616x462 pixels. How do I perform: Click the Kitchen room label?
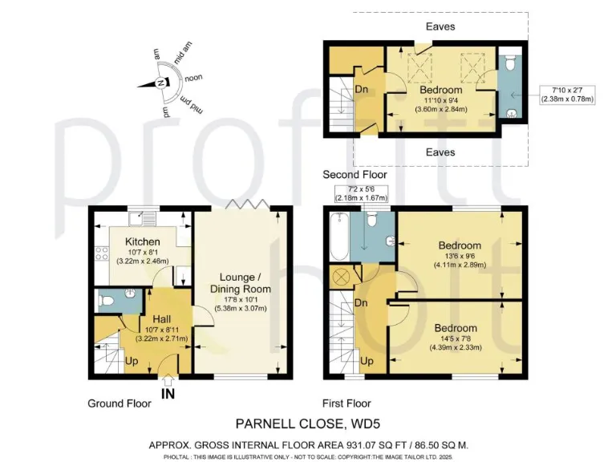click(x=141, y=241)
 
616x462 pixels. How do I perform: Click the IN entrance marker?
click(x=168, y=394)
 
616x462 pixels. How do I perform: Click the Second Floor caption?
click(x=355, y=174)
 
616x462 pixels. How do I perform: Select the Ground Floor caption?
click(x=119, y=403)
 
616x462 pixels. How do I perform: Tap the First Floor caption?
click(x=346, y=403)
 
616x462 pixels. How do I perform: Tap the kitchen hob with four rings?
click(x=103, y=255)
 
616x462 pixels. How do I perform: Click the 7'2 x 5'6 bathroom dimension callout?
click(x=359, y=192)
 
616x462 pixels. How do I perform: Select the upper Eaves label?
click(x=440, y=26)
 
